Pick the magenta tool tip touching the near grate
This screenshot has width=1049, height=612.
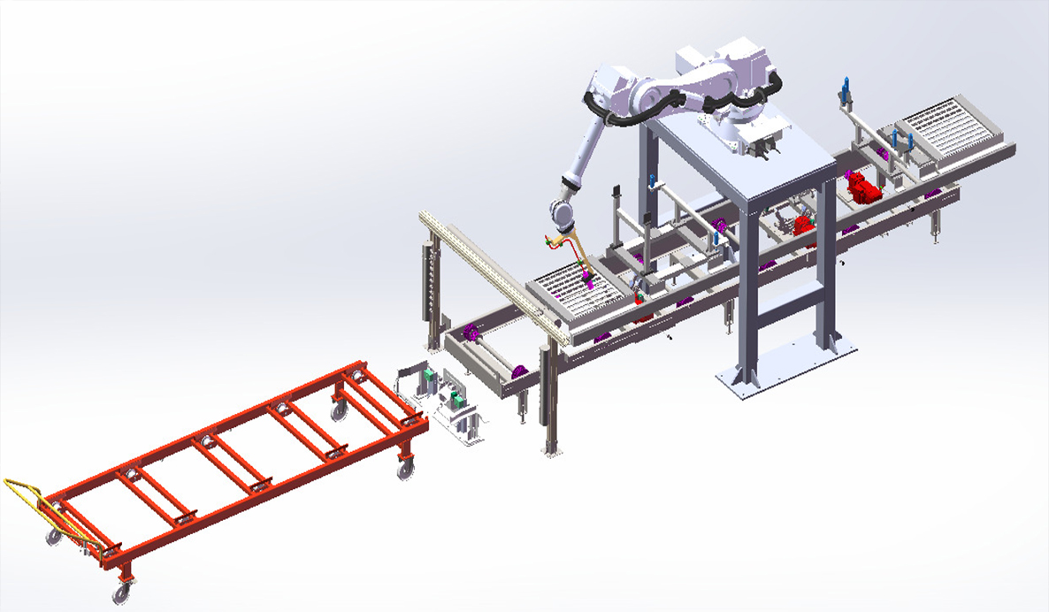[x=590, y=282]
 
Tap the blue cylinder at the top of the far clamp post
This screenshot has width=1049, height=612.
[x=845, y=88]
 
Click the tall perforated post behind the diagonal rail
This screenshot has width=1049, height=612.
[x=432, y=283]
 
